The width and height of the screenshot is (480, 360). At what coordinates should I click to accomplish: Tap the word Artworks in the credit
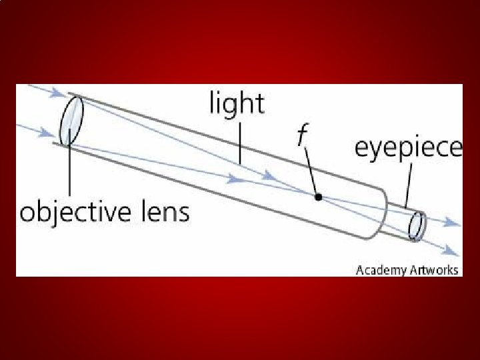coord(431,270)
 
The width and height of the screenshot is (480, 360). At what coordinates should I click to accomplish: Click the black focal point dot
coord(319,197)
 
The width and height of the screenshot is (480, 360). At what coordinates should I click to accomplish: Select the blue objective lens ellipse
coord(71,120)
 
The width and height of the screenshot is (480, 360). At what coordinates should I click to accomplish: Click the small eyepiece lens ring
coord(417,225)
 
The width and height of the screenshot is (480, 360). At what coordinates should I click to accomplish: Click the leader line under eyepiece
coord(407,183)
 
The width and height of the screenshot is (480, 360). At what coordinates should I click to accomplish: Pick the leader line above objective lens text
coord(69,170)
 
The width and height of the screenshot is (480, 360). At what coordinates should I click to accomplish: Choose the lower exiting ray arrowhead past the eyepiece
coord(453,251)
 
